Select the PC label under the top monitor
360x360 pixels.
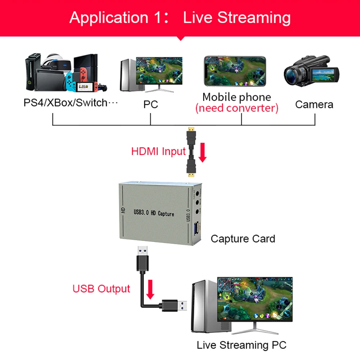click(151, 105)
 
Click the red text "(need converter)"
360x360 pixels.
click(237, 108)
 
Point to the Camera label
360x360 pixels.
click(314, 105)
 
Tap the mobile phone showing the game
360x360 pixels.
click(235, 71)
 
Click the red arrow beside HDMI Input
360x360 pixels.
click(203, 153)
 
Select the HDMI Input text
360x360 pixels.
click(158, 151)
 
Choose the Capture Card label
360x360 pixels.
click(243, 239)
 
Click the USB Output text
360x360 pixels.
click(101, 289)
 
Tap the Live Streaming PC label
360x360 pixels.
click(241, 345)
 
